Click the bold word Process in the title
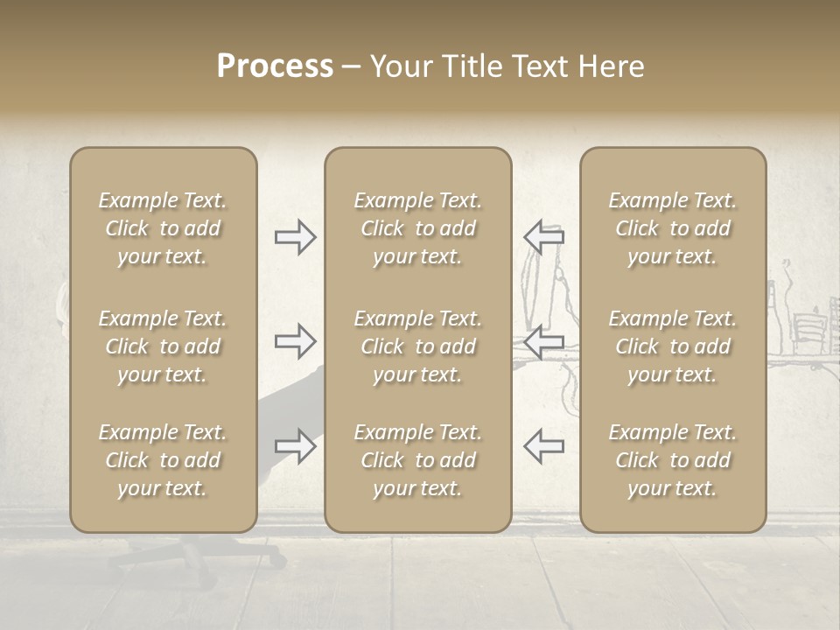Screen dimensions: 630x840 coord(275,66)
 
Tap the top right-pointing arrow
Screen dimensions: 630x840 coord(295,236)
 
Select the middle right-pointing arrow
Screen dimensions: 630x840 coord(295,340)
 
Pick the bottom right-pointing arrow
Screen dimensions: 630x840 coord(295,445)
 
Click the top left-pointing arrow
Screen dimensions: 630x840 coord(543,236)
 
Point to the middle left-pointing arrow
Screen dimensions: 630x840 coord(543,340)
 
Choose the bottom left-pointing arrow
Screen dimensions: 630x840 coord(543,445)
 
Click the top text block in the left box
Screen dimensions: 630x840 coord(163,228)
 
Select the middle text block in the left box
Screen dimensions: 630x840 coord(163,346)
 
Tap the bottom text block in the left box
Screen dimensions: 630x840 coord(163,460)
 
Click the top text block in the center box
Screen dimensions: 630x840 coord(418,228)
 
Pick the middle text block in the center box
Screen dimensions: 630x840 coord(418,346)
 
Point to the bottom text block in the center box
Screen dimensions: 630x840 coord(418,460)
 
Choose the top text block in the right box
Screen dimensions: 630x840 coord(673,228)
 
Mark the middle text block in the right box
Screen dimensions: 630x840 coord(673,346)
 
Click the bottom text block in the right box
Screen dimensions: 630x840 coord(673,460)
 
